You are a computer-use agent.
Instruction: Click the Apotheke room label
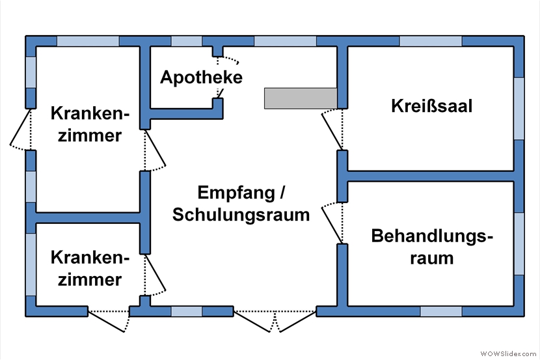pyautogui.click(x=201, y=77)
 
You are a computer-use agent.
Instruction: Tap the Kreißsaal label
pyautogui.click(x=431, y=105)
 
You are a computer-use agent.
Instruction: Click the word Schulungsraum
pyautogui.click(x=241, y=215)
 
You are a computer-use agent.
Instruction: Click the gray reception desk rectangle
pyautogui.click(x=300, y=98)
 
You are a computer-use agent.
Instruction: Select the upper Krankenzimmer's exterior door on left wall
pyautogui.click(x=21, y=129)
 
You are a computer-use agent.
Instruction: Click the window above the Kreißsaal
pyautogui.click(x=431, y=40)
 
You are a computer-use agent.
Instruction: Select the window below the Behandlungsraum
pyautogui.click(x=441, y=311)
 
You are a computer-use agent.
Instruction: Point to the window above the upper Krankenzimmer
pyautogui.click(x=88, y=40)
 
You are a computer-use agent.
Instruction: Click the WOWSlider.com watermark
pyautogui.click(x=508, y=353)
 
